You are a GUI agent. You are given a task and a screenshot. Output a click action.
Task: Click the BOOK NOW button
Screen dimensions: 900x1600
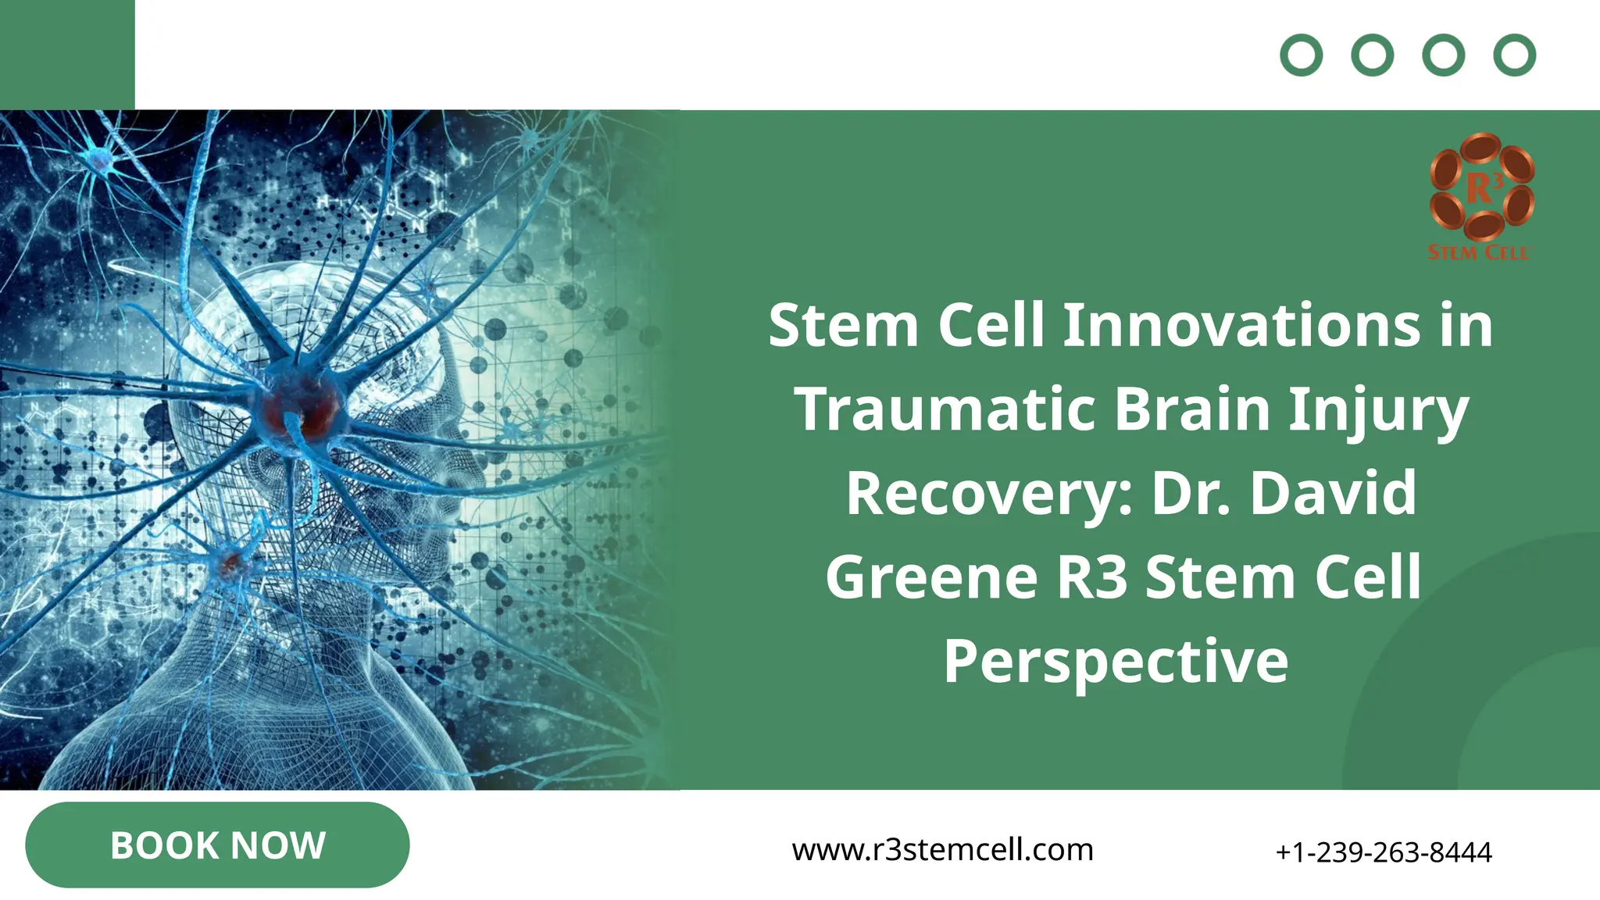pyautogui.click(x=217, y=845)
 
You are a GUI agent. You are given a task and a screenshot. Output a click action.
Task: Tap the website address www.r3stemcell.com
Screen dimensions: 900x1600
pyautogui.click(x=942, y=850)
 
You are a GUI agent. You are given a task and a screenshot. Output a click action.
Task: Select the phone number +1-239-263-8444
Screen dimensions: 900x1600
pyautogui.click(x=1383, y=852)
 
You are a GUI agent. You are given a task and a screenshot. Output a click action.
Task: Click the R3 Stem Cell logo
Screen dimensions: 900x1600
pyautogui.click(x=1481, y=195)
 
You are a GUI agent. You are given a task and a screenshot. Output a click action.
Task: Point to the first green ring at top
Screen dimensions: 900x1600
pyautogui.click(x=1301, y=55)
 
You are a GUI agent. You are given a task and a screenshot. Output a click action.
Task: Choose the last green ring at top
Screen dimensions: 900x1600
pyautogui.click(x=1514, y=55)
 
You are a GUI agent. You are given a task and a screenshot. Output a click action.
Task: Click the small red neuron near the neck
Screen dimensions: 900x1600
pyautogui.click(x=230, y=561)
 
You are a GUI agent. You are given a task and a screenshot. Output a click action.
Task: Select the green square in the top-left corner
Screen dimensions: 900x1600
pyautogui.click(x=67, y=55)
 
